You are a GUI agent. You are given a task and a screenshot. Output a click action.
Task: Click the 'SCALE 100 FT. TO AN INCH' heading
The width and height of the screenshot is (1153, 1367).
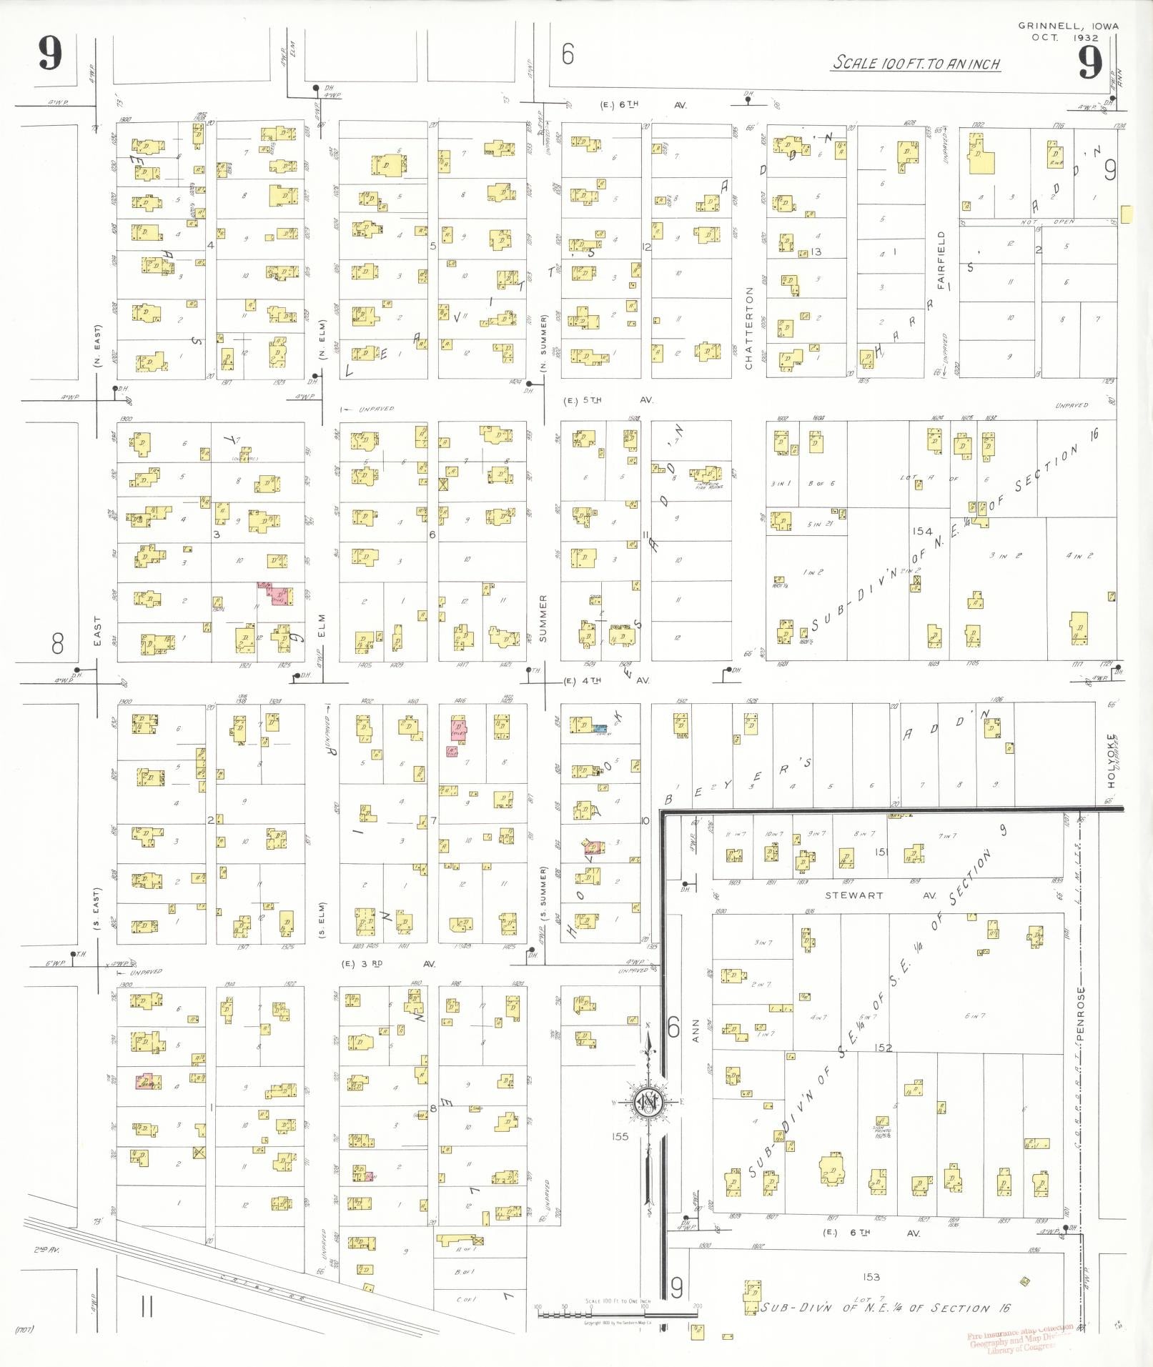pyautogui.click(x=916, y=64)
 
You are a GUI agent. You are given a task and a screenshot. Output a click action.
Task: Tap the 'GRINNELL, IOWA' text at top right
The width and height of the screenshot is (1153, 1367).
pyautogui.click(x=1068, y=26)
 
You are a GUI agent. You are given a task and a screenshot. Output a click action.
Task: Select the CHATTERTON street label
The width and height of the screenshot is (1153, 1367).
pyautogui.click(x=749, y=329)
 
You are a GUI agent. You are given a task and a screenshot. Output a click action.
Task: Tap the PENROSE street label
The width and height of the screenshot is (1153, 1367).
pyautogui.click(x=1081, y=1014)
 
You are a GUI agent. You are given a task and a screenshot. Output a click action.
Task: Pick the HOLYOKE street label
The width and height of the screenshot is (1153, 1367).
pyautogui.click(x=1111, y=761)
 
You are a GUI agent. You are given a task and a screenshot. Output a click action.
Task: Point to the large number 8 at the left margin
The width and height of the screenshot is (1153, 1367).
pyautogui.click(x=58, y=644)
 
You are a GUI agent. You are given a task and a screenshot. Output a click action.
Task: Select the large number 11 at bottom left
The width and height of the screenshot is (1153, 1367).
pyautogui.click(x=147, y=1308)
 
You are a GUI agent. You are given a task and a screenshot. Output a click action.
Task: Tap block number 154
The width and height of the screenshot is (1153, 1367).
pyautogui.click(x=922, y=531)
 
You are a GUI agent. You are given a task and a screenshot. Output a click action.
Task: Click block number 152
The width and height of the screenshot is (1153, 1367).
pyautogui.click(x=883, y=1048)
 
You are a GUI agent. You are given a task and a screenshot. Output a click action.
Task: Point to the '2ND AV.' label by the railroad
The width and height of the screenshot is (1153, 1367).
pyautogui.click(x=44, y=1250)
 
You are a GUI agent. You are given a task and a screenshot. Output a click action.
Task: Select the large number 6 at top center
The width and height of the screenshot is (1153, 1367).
pyautogui.click(x=568, y=54)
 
